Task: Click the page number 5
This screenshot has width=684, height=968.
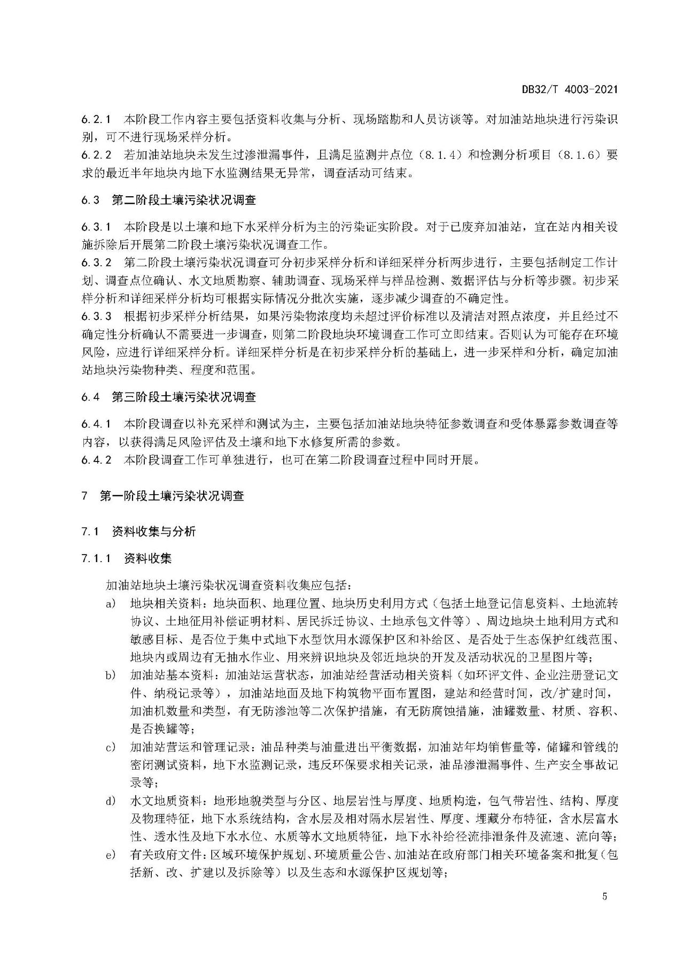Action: click(x=604, y=896)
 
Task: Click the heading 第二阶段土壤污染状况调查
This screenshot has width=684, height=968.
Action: click(x=184, y=200)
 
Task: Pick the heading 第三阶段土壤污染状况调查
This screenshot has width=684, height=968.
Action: click(x=184, y=397)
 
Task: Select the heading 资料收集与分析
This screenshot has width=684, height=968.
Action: click(x=154, y=532)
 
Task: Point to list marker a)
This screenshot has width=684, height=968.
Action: click(x=111, y=604)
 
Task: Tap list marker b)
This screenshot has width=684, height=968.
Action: click(x=111, y=675)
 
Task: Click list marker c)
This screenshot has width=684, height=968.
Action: click(x=111, y=747)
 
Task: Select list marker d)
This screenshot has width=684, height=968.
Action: click(x=111, y=801)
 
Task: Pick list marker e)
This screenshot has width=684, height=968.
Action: click(x=111, y=855)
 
